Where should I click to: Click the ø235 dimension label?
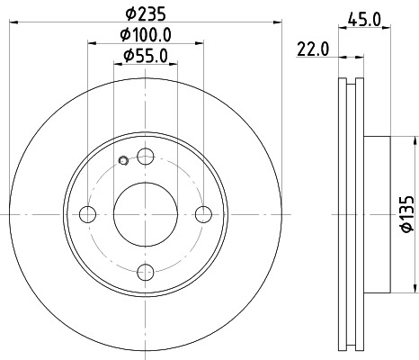coord(147,13)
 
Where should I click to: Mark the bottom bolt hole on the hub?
coord(146,273)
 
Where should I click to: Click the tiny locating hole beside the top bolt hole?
coord(123,162)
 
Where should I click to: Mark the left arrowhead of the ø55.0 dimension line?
coord(118,66)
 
